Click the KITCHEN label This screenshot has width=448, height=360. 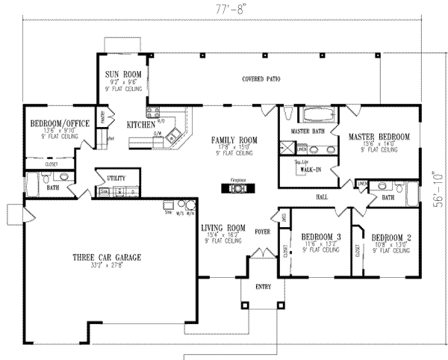pyautogui.click(x=140, y=125)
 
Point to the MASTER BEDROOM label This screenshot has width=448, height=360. pyautogui.click(x=381, y=137)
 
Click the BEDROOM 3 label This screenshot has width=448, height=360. pyautogui.click(x=321, y=235)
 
